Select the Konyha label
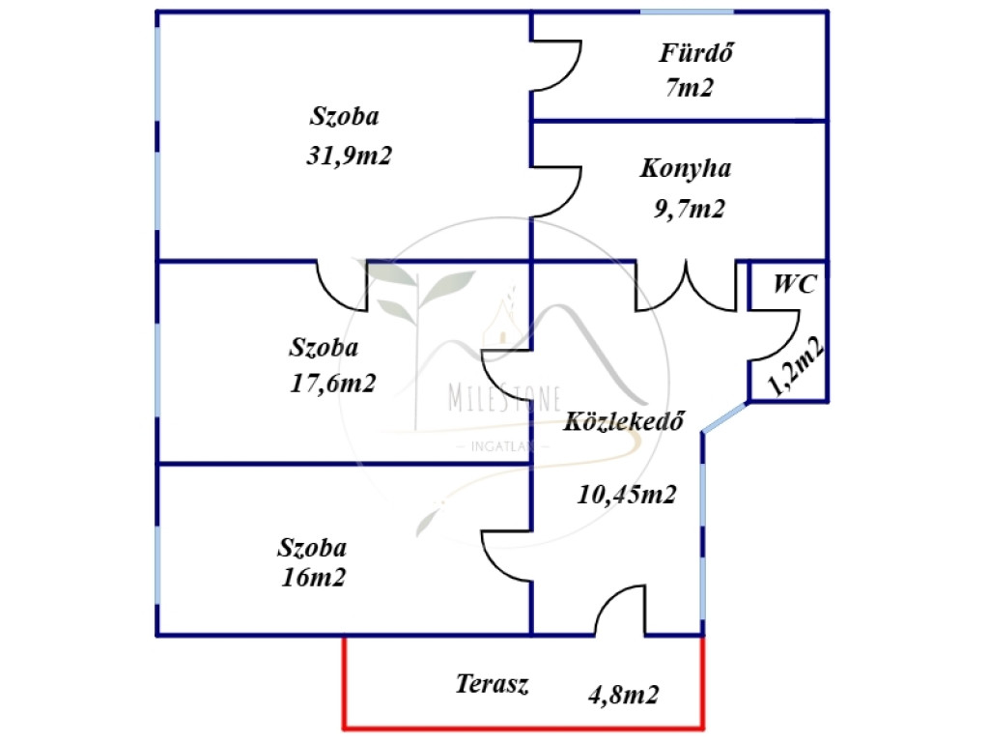[685, 169]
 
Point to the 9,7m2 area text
[689, 209]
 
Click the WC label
[795, 285]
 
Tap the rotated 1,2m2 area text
[796, 368]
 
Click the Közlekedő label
[626, 421]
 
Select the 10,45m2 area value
[626, 495]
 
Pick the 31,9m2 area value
[349, 157]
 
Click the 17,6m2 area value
[332, 384]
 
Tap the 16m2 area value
[313, 578]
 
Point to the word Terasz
[492, 685]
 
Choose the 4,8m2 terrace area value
[624, 694]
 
